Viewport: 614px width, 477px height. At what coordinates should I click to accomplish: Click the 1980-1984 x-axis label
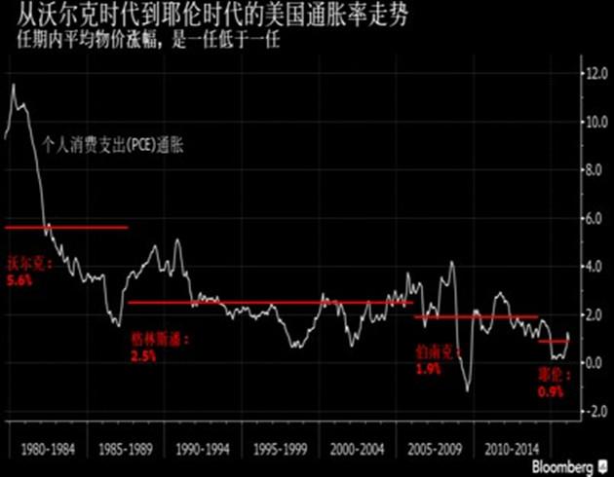[50, 453]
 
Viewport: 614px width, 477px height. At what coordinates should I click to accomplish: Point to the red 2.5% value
[144, 356]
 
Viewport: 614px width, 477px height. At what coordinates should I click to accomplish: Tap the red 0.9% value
[552, 391]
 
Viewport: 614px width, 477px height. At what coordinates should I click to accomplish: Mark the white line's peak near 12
[14, 85]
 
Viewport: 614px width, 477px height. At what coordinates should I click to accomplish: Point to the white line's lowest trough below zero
[467, 390]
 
